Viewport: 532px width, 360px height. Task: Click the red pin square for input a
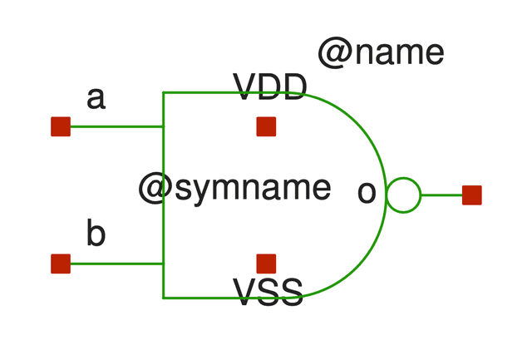[x=61, y=126]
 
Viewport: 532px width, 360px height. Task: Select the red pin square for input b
[x=61, y=264]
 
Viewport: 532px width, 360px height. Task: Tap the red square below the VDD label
[x=266, y=126]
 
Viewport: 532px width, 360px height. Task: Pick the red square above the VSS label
[x=266, y=264]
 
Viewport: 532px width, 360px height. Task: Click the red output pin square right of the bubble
[x=472, y=195]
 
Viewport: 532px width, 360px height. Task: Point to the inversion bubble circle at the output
[x=403, y=195]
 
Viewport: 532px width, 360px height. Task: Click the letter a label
[x=96, y=98]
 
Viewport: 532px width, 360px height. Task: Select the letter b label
[x=96, y=234]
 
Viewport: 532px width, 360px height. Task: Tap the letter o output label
[x=367, y=191]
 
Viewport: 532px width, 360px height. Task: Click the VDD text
[x=270, y=86]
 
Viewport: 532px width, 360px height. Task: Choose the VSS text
[x=268, y=292]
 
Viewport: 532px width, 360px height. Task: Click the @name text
[x=381, y=53]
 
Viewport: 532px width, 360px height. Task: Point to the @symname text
[x=234, y=189]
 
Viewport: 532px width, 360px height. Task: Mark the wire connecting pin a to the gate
[x=116, y=127]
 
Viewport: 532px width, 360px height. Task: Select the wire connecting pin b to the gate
[x=116, y=264]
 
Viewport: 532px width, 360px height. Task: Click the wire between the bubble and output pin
[x=441, y=195]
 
